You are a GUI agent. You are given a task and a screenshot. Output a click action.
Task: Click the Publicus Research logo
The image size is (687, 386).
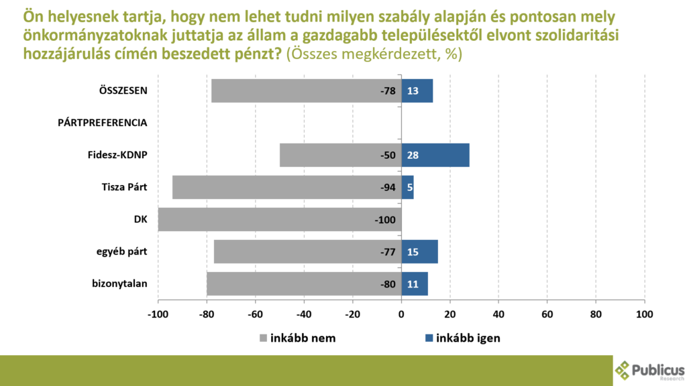click(649, 370)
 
